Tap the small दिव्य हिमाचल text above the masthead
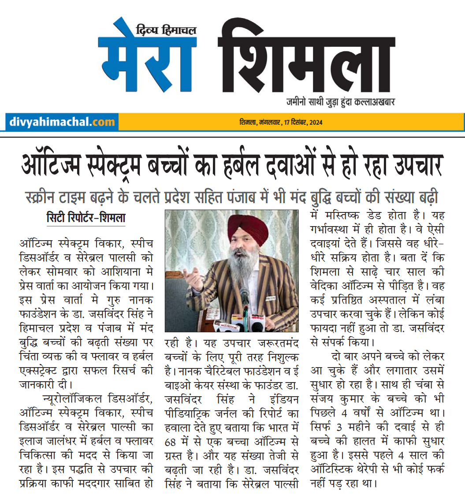(166, 30)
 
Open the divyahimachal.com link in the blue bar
(62, 122)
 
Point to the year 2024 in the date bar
(315, 123)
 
